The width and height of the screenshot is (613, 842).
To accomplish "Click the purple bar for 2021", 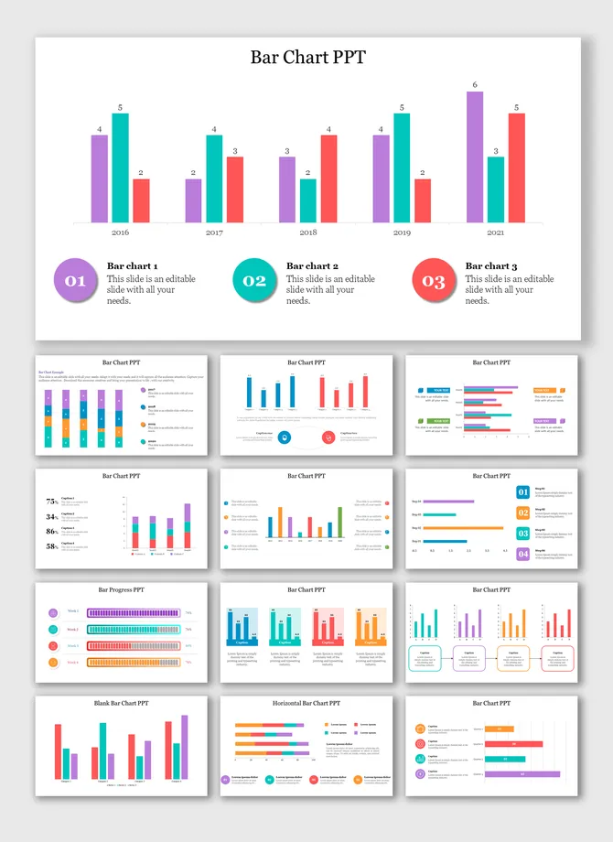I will (475, 157).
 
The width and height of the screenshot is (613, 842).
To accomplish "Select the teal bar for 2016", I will (120, 167).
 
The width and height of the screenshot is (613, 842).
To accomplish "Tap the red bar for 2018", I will (328, 178).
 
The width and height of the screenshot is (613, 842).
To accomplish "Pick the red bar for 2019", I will (422, 200).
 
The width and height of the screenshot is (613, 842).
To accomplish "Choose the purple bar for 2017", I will (193, 200).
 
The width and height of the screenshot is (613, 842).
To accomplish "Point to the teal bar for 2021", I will (496, 189).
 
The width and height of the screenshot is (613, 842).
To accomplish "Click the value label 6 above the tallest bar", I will (475, 85).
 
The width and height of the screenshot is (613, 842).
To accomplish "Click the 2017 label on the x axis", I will (214, 233).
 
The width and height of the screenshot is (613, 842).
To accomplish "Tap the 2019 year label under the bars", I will (402, 233).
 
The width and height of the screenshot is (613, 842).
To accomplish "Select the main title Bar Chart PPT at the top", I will (307, 57).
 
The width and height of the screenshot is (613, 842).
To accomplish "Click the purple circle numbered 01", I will (75, 281).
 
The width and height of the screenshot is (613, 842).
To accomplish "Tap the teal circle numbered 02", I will (254, 281).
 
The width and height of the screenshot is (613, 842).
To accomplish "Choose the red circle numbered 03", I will (434, 281).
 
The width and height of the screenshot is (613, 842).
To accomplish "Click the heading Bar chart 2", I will (312, 265).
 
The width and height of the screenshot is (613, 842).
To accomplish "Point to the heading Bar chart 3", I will (491, 265).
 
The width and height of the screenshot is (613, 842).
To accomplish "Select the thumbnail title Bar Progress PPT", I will (122, 590).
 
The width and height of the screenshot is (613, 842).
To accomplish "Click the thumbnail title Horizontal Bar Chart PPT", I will (306, 703).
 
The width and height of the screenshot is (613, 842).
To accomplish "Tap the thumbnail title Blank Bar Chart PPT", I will (122, 703).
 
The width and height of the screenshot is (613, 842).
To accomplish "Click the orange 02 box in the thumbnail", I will (523, 513).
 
